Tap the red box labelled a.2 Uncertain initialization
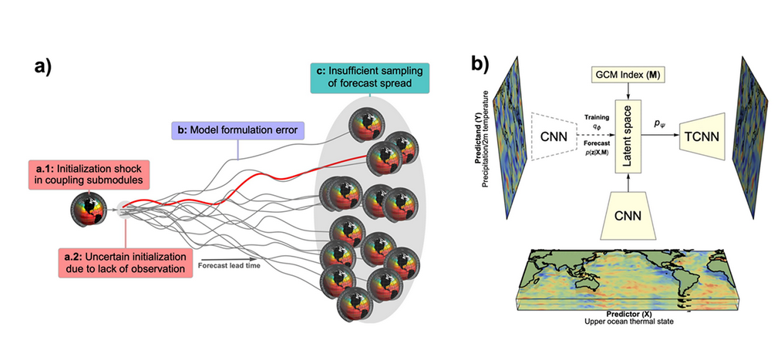click(x=125, y=263)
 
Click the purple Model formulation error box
click(x=238, y=131)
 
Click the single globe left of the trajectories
click(x=89, y=210)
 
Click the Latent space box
click(x=630, y=136)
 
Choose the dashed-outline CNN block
click(x=554, y=136)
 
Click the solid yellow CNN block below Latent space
click(x=630, y=215)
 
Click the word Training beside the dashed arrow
click(x=597, y=118)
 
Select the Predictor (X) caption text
click(x=631, y=315)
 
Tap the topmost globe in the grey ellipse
click(x=364, y=124)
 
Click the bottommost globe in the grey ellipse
click(x=354, y=304)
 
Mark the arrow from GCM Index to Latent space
click(x=630, y=91)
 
